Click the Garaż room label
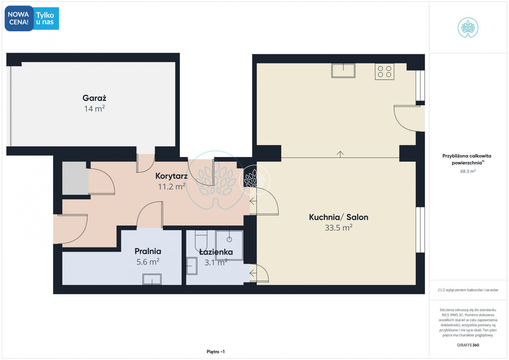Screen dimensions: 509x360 94,98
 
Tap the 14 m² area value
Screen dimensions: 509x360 94,109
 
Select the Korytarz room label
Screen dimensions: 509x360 171,176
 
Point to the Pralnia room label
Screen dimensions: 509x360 148,251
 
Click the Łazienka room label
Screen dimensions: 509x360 216,252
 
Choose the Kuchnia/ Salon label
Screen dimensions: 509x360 338,217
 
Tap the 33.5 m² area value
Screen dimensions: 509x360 338,228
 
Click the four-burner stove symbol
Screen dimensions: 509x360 384,72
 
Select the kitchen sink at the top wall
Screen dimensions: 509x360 343,70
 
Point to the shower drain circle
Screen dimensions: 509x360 229,239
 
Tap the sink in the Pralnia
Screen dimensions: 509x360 152,279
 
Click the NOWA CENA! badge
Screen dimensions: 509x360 19,18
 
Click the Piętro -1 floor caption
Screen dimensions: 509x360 216,352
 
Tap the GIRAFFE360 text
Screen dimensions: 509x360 468,345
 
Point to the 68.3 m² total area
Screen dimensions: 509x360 468,171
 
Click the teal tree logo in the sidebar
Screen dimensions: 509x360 468,27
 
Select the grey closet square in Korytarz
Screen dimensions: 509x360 75,178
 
